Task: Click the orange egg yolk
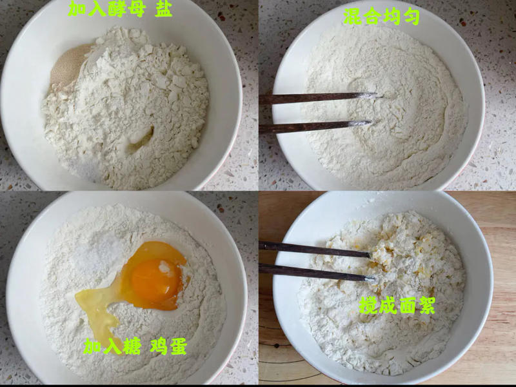point(156,281)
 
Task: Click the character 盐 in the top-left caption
point(164,8)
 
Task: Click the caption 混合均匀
point(382,17)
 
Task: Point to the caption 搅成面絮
point(397,305)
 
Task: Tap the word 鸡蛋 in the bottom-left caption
point(169,346)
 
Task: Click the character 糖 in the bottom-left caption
point(132,346)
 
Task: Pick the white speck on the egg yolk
point(165,267)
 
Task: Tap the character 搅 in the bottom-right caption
point(368,305)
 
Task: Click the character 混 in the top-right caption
point(352,17)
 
